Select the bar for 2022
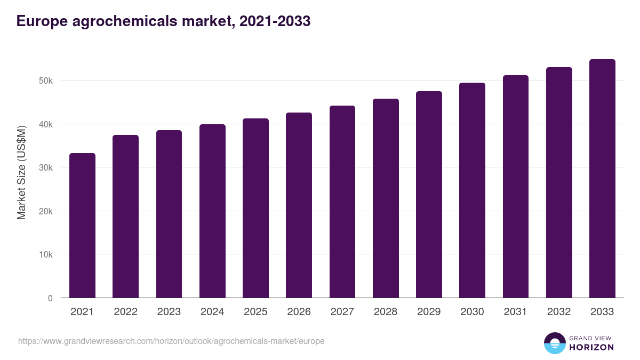[125, 216]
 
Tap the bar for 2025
[255, 208]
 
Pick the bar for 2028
[386, 198]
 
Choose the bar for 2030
[472, 190]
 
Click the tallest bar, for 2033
[602, 178]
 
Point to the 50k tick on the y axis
[46, 81]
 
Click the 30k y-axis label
[46, 167]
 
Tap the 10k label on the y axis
[46, 254]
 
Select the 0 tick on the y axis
[50, 298]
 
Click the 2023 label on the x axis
[169, 312]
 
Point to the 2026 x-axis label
[299, 312]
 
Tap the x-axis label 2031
[515, 312]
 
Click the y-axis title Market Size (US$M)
[21, 173]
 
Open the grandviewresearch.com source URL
[171, 341]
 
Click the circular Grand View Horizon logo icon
[554, 343]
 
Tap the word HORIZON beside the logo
[591, 347]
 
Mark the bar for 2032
[559, 182]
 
